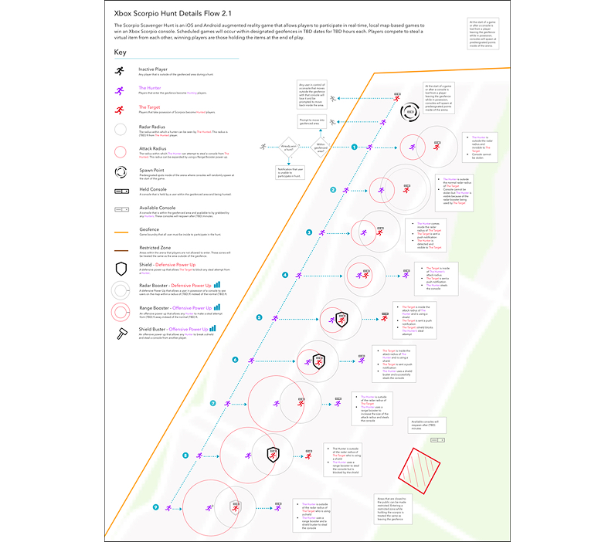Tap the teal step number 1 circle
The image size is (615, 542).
[x=355, y=146]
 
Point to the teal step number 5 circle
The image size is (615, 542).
[x=259, y=317]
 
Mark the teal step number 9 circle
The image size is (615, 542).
[x=157, y=507]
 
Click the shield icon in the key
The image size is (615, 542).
[x=121, y=268]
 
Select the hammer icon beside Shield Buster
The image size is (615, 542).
[x=121, y=333]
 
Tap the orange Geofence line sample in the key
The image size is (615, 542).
[x=121, y=231]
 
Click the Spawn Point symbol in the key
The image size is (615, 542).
[x=121, y=171]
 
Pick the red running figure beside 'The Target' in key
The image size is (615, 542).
[x=120, y=110]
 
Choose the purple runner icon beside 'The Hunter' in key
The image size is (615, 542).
[x=120, y=91]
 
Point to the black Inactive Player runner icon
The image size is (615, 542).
[x=120, y=71]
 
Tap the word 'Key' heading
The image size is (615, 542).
[x=120, y=53]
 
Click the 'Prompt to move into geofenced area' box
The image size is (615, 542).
[x=312, y=123]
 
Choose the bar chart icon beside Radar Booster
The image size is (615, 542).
[x=217, y=286]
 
